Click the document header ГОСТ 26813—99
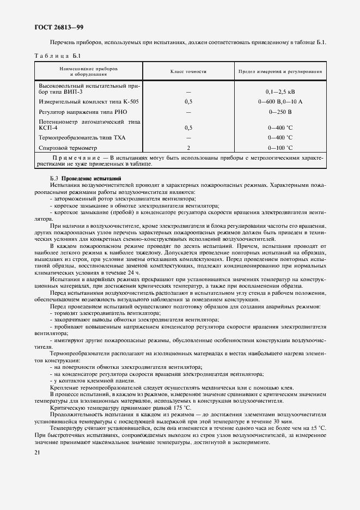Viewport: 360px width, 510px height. (x=58, y=27)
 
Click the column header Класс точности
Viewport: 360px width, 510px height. (x=188, y=71)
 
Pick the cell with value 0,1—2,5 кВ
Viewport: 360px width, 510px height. (x=280, y=92)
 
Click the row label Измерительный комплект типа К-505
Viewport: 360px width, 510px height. (x=82, y=101)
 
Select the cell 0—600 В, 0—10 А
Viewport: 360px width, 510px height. (x=280, y=101)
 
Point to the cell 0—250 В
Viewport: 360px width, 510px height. (x=280, y=111)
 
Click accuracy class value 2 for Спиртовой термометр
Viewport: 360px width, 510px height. (x=188, y=147)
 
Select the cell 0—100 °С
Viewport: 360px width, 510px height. (x=280, y=147)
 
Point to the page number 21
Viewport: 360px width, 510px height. (x=38, y=453)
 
